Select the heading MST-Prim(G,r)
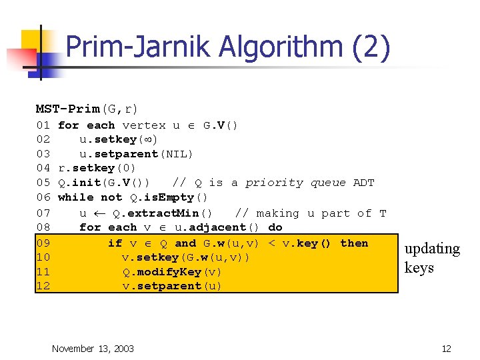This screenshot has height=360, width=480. tap(87, 108)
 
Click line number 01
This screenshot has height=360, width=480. tap(43, 125)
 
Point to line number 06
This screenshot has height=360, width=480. tap(43, 197)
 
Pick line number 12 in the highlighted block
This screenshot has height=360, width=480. tap(43, 286)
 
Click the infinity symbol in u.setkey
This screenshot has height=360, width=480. tap(145, 140)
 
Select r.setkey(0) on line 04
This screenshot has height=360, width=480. tap(97, 168)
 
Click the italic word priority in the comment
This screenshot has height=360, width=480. tap(273, 183)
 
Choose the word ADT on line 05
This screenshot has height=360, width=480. tap(363, 183)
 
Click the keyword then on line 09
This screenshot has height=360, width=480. tap(354, 243)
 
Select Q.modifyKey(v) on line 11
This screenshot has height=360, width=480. tap(172, 272)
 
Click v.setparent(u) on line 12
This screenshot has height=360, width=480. tap(172, 286)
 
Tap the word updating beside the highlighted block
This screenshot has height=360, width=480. tap(432, 249)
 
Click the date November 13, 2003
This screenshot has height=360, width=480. tap(93, 348)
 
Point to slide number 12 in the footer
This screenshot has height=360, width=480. tap(447, 348)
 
